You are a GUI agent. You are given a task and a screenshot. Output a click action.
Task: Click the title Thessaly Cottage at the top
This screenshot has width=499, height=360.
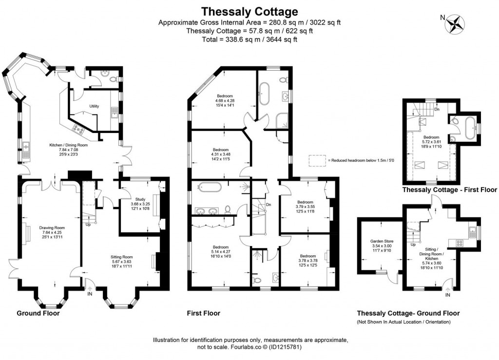click(250, 12)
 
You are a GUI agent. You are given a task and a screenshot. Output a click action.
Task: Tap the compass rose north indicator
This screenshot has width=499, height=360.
click(455, 24)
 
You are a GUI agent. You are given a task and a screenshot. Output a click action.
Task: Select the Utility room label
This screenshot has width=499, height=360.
click(94, 106)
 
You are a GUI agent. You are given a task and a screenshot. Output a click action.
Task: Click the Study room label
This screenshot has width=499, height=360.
click(140, 199)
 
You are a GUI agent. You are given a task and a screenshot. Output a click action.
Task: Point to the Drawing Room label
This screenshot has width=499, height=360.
click(52, 227)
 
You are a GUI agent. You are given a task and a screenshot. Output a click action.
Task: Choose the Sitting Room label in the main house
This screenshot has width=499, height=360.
click(121, 257)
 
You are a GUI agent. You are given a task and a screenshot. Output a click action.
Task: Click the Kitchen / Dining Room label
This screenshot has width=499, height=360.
click(68, 145)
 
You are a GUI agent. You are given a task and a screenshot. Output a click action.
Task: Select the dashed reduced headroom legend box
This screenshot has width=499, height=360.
click(317, 160)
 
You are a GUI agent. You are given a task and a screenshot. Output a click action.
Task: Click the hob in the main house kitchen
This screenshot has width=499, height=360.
click(78, 129)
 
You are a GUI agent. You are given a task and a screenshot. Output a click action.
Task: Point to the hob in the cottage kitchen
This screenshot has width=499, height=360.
click(459, 243)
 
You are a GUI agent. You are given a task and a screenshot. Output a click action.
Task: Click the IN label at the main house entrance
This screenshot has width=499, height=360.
click(90, 294)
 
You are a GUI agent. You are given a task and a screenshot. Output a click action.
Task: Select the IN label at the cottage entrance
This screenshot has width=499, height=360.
click(448, 295)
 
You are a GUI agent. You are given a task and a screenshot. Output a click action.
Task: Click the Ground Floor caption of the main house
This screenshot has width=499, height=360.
click(38, 313)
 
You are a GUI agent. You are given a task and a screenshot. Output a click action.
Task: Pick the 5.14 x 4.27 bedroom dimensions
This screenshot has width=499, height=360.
click(221, 251)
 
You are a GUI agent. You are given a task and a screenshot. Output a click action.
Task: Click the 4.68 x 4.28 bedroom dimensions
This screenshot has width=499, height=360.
click(225, 100)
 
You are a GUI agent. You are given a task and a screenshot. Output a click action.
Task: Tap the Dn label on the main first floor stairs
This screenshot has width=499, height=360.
click(269, 205)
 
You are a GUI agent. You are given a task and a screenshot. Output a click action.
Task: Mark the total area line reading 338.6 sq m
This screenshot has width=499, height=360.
click(249, 39)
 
